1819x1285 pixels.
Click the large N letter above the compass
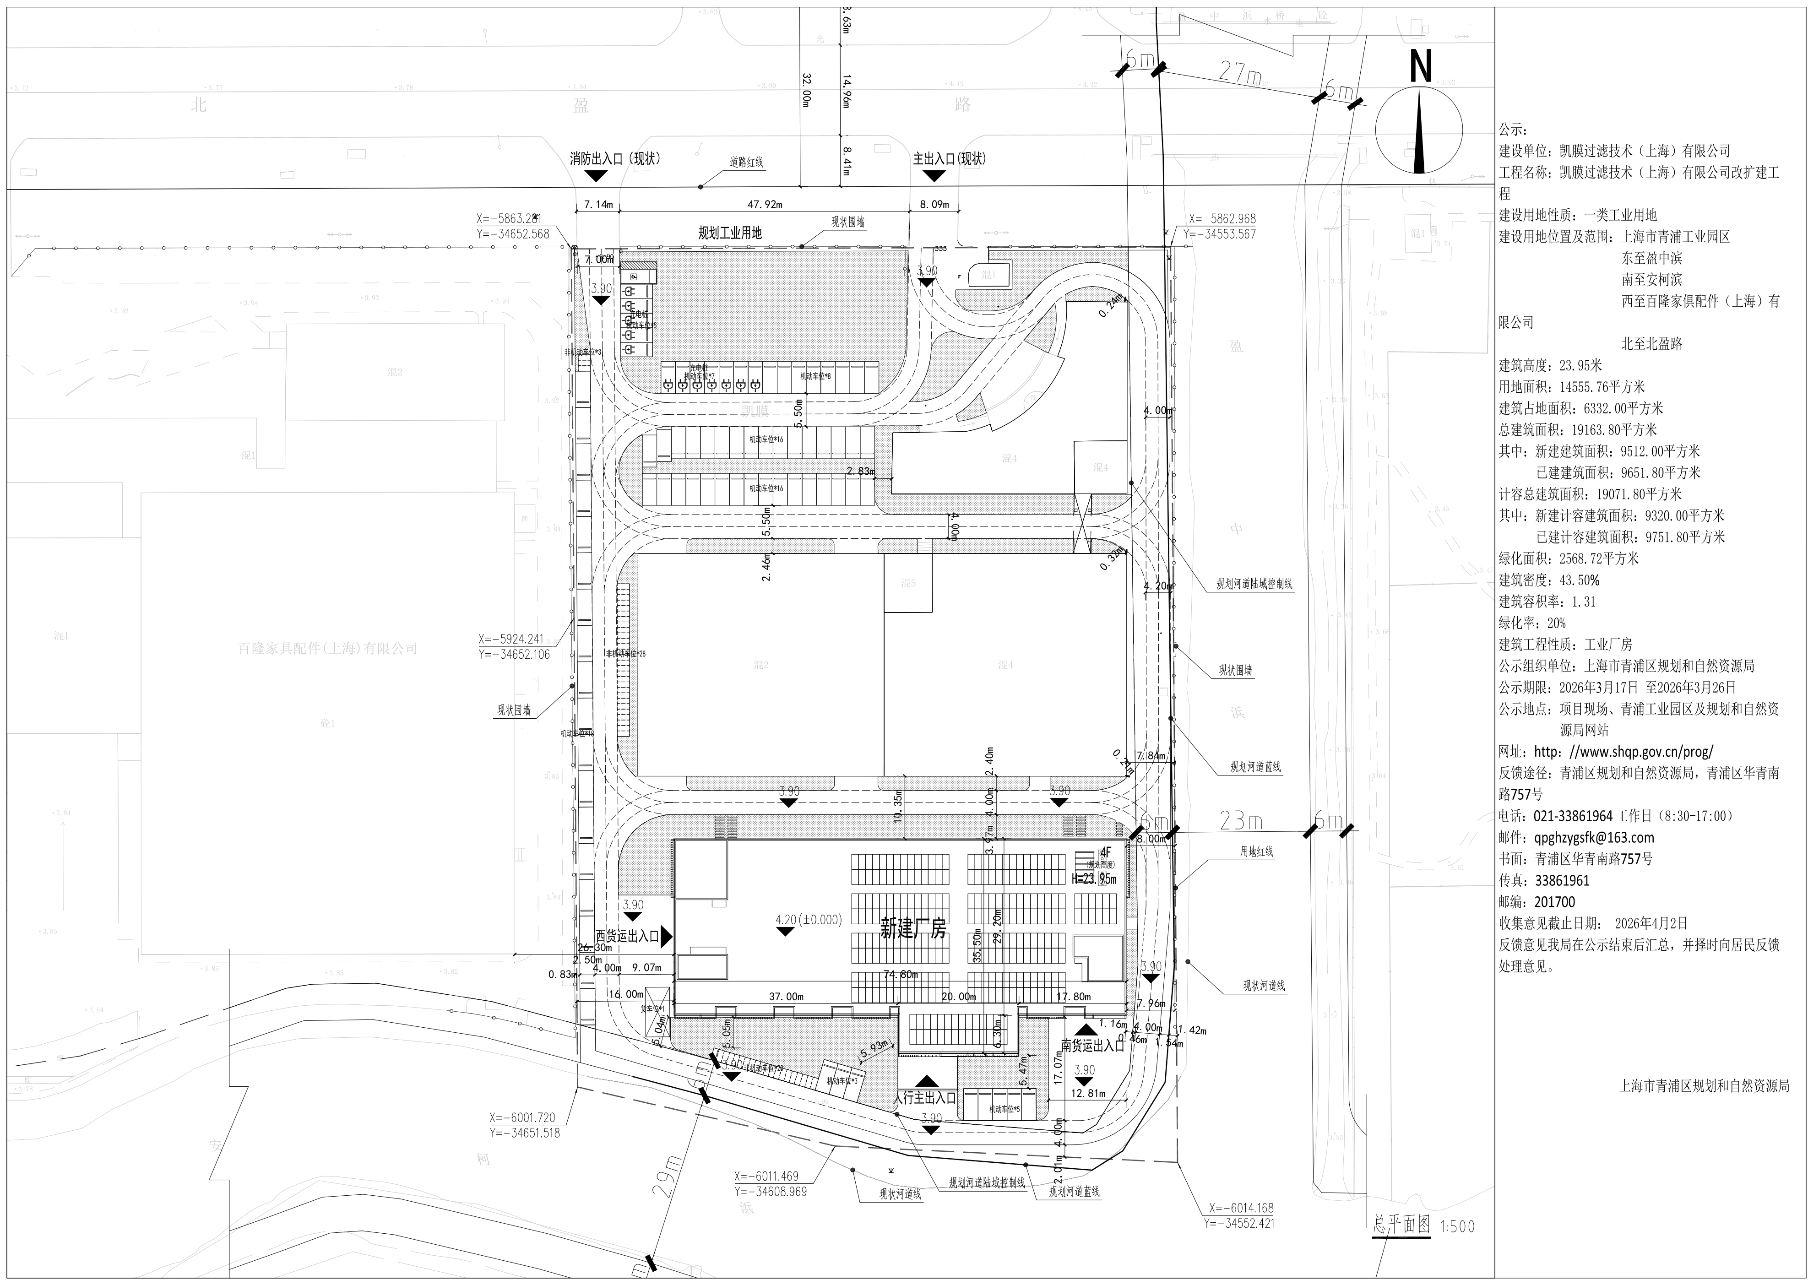1421,66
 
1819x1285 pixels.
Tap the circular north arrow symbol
1418,131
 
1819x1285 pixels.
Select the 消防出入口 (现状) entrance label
615,158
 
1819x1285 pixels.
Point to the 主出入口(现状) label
949,158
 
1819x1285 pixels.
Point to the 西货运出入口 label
627,936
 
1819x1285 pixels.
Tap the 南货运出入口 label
1092,1046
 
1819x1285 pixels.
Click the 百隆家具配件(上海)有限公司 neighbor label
328,648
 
